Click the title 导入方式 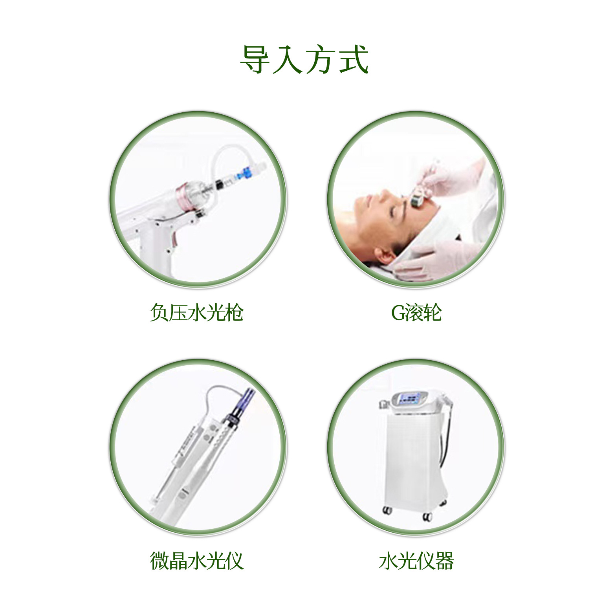[304, 60]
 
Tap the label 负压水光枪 [197, 313]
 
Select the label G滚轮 [416, 313]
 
